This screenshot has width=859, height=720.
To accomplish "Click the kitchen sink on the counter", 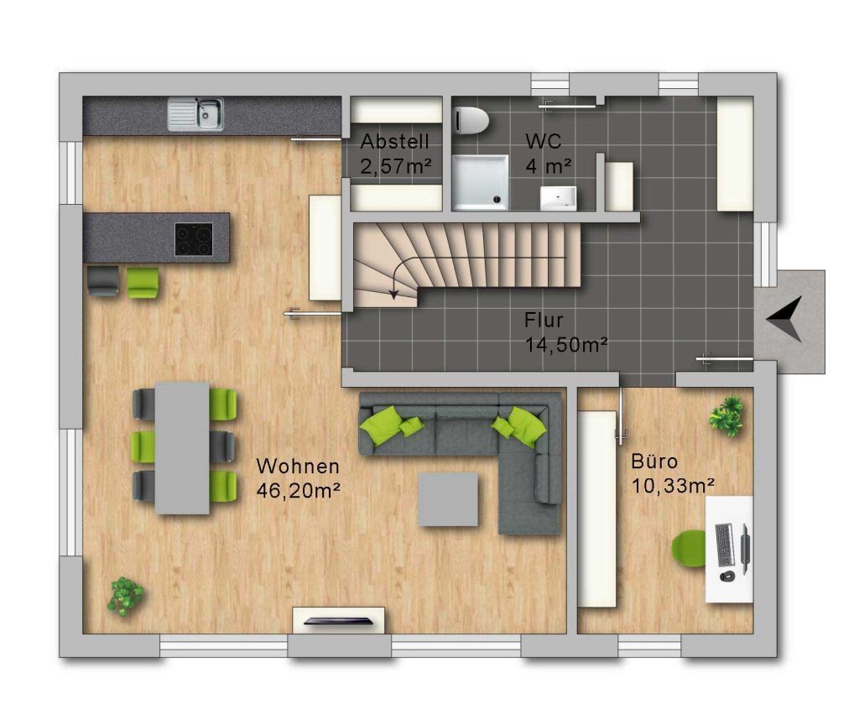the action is pos(195,114).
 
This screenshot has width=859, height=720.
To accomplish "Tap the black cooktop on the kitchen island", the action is pos(194,239).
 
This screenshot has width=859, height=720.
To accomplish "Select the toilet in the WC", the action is pos(471,120).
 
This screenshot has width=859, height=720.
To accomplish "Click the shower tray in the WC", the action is pos(480,182).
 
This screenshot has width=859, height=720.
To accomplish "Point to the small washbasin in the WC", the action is pos(558,198).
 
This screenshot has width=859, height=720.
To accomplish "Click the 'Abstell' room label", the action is pos(394,142).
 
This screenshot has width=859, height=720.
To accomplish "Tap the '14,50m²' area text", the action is pos(566,345).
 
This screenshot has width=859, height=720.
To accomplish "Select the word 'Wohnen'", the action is pos(298,467).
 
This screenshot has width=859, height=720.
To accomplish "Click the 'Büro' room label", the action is pos(654,462).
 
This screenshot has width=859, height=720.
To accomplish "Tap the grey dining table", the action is pos(182,448).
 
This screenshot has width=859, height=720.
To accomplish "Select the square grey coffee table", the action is pos(448,500).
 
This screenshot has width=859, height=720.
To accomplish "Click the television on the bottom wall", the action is pos(339,621).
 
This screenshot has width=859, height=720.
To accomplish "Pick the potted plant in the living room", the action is pos(126,596).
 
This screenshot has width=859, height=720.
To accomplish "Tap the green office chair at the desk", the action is pos(689,549).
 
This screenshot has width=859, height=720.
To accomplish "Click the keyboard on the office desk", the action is pos(724,545).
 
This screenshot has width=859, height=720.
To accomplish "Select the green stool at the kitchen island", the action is pos(143,282).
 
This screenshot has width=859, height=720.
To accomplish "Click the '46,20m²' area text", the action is pos(299,490).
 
